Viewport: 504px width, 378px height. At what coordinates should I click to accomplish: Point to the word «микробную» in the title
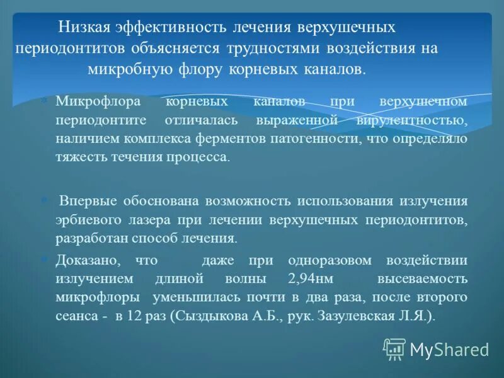(123, 69)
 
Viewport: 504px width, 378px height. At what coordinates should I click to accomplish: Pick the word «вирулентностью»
(413, 120)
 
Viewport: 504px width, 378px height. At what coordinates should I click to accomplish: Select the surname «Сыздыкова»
(205, 316)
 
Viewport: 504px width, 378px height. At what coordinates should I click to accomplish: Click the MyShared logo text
(449, 349)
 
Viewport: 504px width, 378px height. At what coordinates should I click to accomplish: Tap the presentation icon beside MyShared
(394, 348)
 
